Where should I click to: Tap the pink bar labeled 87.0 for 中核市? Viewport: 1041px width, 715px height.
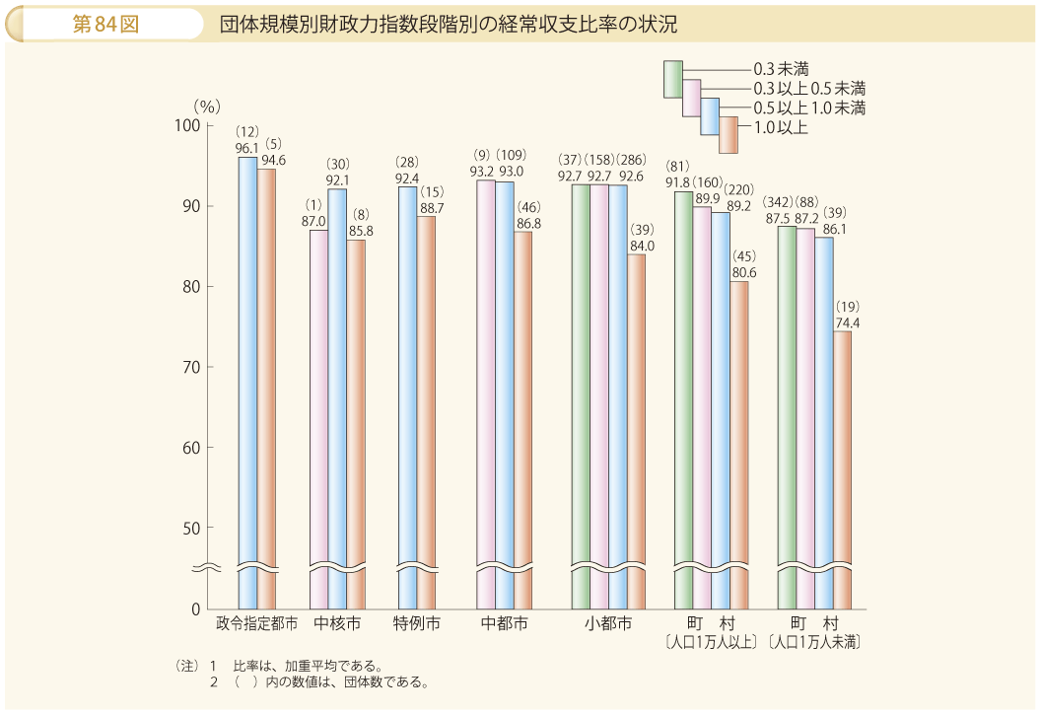pos(318,414)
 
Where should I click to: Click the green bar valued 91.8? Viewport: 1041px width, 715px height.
pos(683,394)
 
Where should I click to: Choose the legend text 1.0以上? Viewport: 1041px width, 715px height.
pos(781,126)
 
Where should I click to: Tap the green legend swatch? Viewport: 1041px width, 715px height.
pos(672,79)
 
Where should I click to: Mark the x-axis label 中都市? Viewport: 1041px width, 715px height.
pos(504,623)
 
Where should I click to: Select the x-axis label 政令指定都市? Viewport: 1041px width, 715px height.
pos(256,623)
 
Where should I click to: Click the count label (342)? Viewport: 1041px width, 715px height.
pos(779,202)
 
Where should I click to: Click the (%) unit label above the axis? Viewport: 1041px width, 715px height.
pos(207,104)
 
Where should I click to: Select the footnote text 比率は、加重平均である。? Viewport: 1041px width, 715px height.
pos(307,665)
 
